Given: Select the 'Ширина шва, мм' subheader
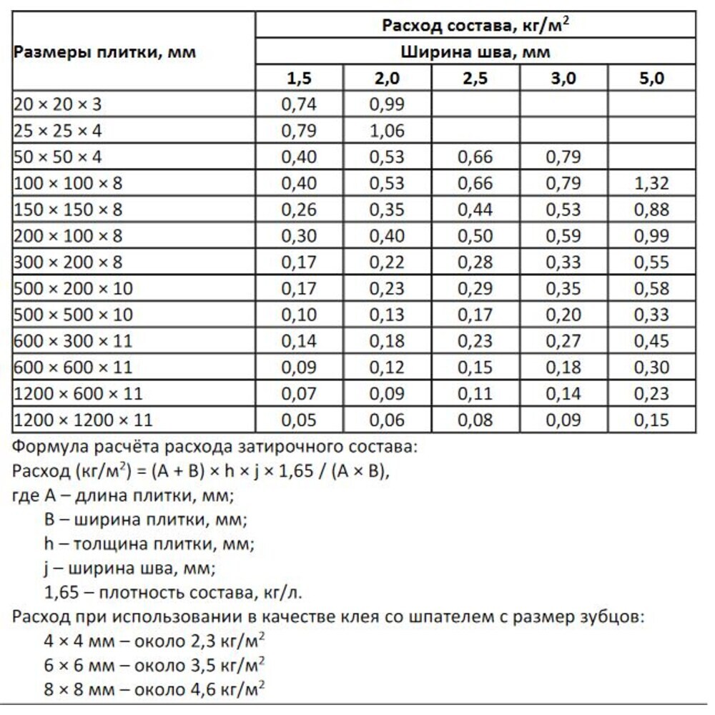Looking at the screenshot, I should pos(475,52).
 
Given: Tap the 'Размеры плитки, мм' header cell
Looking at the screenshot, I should pos(105,52).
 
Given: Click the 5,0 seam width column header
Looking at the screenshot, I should pos(651,79).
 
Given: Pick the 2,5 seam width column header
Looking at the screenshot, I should pos(475,79).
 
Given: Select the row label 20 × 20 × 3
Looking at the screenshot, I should pos(58,104).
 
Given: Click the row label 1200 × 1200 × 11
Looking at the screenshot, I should pos(83,420).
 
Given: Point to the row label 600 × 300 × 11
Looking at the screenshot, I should pos(74,341).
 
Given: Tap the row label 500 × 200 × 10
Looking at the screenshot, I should pos(74,289).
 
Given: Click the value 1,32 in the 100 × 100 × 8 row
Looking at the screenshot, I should pos(651,184).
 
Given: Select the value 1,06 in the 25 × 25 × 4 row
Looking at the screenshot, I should pos(388,131).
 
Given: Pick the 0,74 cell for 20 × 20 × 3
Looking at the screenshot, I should pos(300,104).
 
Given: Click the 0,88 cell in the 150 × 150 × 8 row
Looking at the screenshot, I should pos(651,210).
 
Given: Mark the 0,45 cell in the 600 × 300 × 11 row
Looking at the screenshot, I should pos(651,341).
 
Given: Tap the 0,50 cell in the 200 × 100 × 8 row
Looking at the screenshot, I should pos(475,236).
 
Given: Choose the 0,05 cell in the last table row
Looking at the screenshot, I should pos(300,420).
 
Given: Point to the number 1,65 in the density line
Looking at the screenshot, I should pos(61,593).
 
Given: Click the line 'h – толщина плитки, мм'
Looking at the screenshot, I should pos(149,544).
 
